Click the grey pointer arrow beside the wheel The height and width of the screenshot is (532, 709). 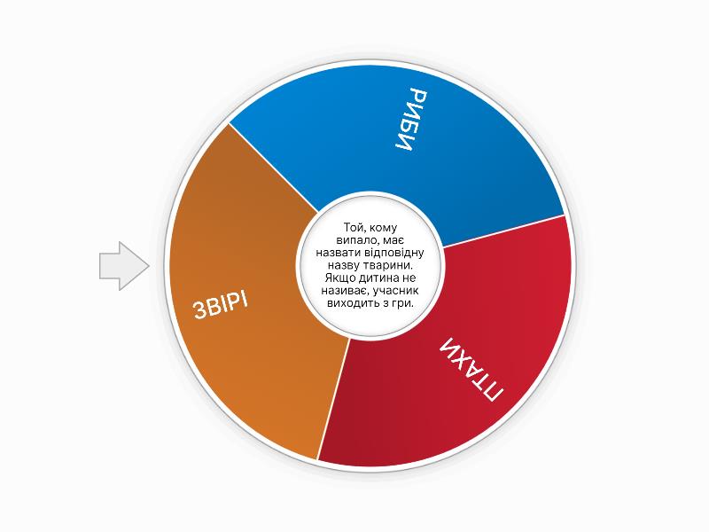tap(123, 266)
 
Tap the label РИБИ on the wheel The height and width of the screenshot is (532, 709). tap(411, 121)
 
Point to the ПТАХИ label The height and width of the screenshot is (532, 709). tap(471, 370)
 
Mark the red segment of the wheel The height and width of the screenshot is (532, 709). tap(466, 362)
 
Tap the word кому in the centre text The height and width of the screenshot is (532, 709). tap(382, 229)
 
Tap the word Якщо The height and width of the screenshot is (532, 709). tap(340, 278)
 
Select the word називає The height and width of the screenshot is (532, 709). tap(344, 291)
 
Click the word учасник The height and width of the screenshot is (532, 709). tap(393, 291)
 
